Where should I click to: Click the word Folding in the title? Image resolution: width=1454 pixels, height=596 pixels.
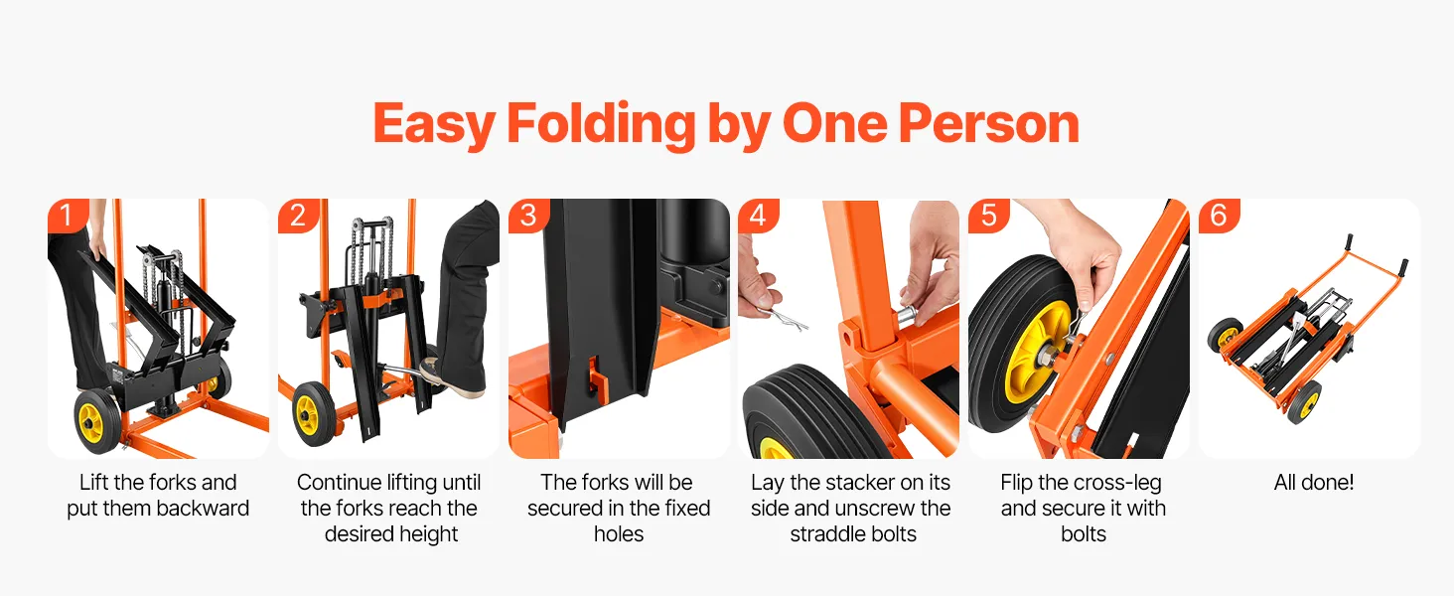(x=601, y=124)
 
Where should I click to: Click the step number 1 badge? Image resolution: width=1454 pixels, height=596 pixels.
(x=67, y=215)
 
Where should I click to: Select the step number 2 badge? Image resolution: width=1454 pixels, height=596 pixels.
(x=297, y=215)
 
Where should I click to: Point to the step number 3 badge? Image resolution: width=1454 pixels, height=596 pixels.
(x=528, y=215)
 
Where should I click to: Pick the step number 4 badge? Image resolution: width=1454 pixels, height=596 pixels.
(x=758, y=215)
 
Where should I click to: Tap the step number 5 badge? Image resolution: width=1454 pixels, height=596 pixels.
(x=988, y=215)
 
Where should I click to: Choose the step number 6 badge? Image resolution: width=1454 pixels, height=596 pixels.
(x=1219, y=215)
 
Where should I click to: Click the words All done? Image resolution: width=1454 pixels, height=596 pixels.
(x=1313, y=483)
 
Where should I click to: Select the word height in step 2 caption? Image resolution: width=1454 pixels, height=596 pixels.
(x=428, y=534)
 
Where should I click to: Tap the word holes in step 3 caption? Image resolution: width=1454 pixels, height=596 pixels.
(x=619, y=534)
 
